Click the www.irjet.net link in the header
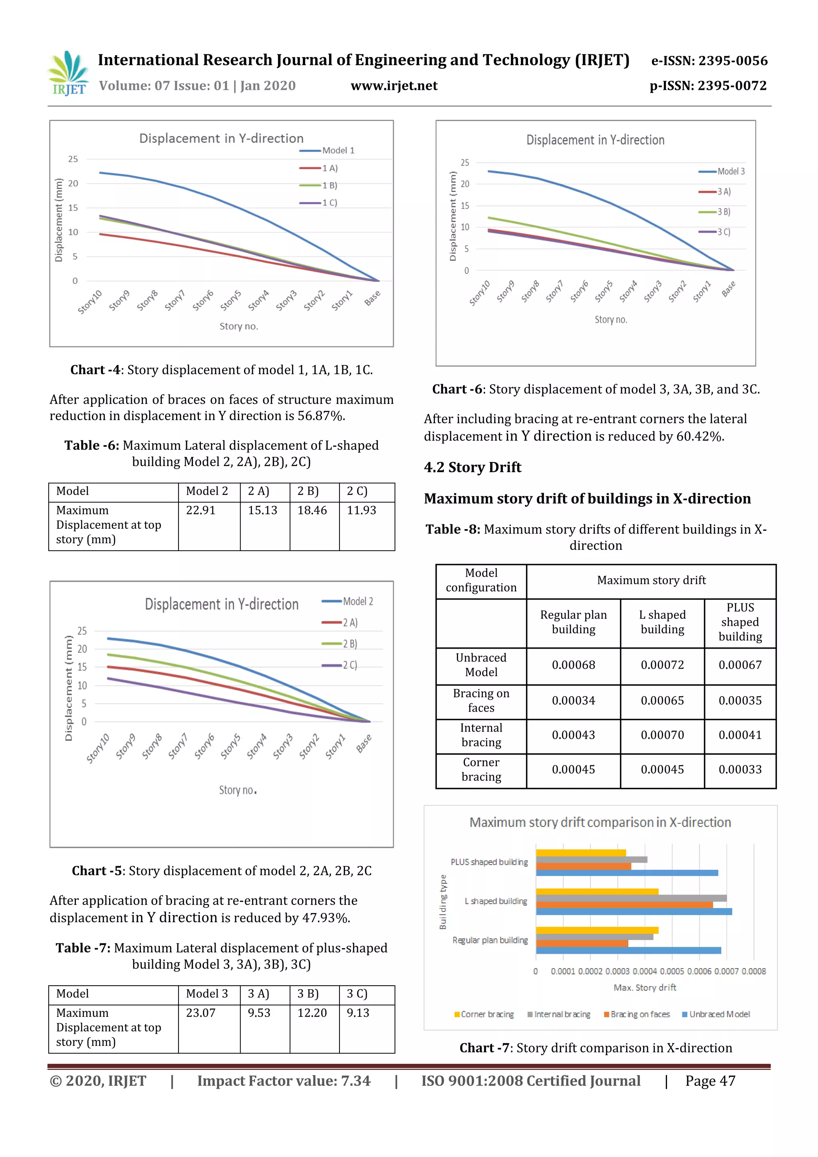pyautogui.click(x=394, y=86)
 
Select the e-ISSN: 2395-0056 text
pyautogui.click(x=709, y=61)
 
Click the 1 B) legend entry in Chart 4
pyautogui.click(x=329, y=185)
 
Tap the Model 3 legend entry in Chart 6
pyautogui.click(x=730, y=171)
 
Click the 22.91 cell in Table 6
pyautogui.click(x=201, y=510)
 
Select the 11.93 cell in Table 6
pyautogui.click(x=361, y=510)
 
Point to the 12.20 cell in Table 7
pyautogui.click(x=312, y=1013)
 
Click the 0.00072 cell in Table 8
pyautogui.click(x=662, y=665)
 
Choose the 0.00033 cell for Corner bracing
pyautogui.click(x=739, y=770)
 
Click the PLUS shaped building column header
pyautogui.click(x=739, y=622)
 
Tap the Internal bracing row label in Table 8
pyautogui.click(x=481, y=735)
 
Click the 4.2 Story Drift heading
pyautogui.click(x=472, y=467)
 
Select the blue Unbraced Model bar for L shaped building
pyautogui.click(x=633, y=912)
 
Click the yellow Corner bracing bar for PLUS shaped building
pyautogui.click(x=581, y=853)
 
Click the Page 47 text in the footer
pyautogui.click(x=710, y=1081)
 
